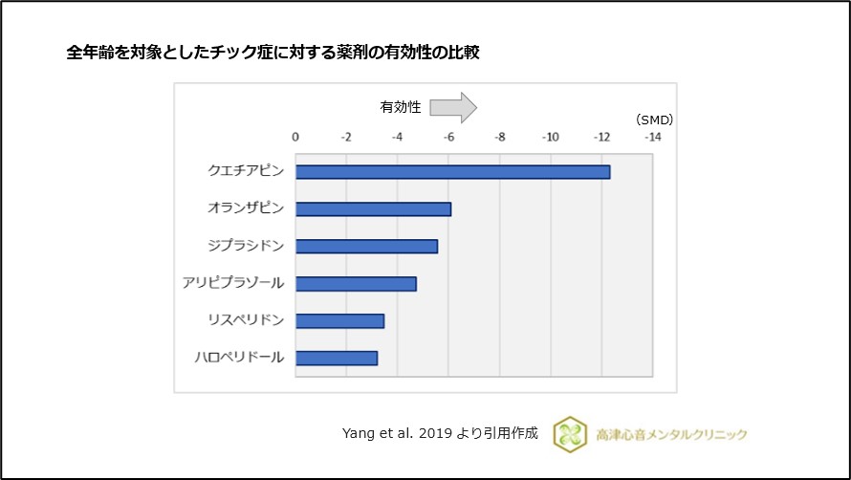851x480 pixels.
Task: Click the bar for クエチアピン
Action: click(452, 172)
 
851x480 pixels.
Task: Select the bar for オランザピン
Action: click(373, 209)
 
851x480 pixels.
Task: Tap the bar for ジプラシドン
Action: click(366, 247)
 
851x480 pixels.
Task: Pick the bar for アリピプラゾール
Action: click(356, 284)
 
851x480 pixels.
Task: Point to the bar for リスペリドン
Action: click(339, 321)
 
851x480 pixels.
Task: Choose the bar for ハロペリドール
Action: click(337, 359)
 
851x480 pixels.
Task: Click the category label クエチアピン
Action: click(246, 172)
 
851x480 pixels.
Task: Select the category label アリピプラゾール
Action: click(233, 283)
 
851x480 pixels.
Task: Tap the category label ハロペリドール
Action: click(239, 358)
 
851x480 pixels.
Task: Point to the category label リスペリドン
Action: click(246, 320)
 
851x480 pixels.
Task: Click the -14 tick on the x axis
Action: click(652, 137)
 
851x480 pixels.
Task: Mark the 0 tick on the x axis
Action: click(295, 137)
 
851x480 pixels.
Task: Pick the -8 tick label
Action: click(499, 137)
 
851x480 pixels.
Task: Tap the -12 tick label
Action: click(601, 137)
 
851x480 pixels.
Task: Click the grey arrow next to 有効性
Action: click(452, 107)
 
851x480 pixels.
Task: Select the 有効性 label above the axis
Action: click(401, 107)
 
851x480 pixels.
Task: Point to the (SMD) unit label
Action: click(654, 120)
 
